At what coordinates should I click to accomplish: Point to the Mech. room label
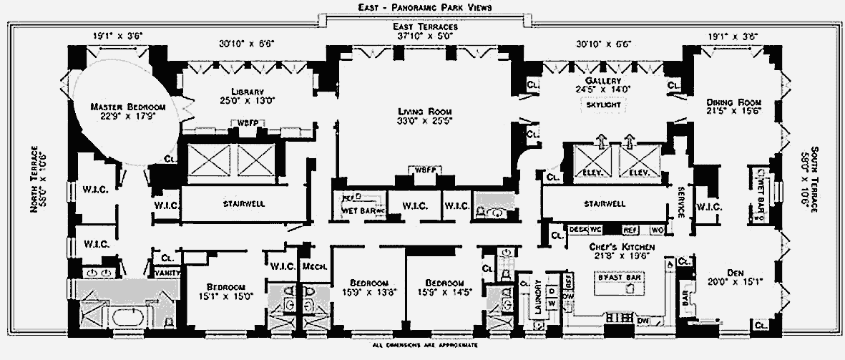pyautogui.click(x=314, y=266)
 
